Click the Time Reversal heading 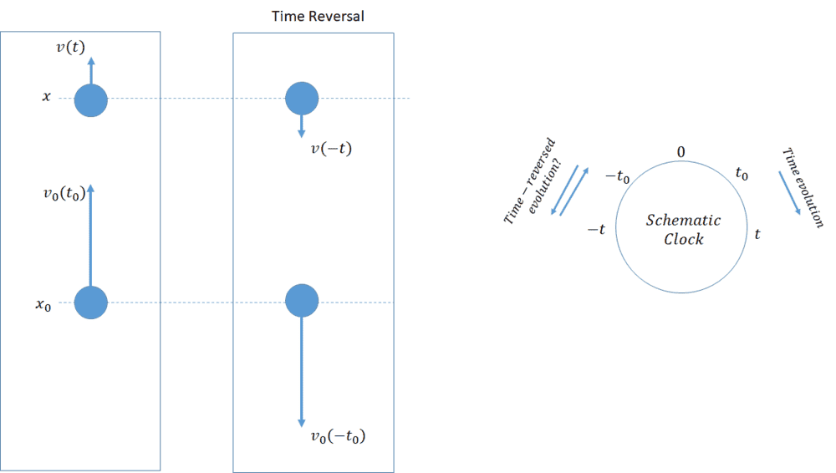[x=318, y=17]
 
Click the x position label [x=47, y=97]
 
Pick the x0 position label [x=43, y=306]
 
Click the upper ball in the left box [x=91, y=101]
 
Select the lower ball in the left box [x=91, y=303]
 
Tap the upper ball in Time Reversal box [x=302, y=99]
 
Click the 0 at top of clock [x=681, y=152]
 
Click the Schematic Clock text [x=684, y=230]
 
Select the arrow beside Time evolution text [x=790, y=193]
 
